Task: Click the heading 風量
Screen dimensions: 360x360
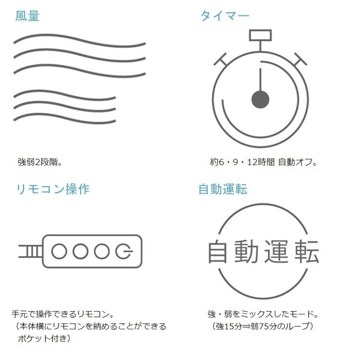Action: pyautogui.click(x=27, y=16)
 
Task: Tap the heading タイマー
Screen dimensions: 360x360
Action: pyautogui.click(x=225, y=16)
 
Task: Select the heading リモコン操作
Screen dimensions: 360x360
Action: pyautogui.click(x=53, y=190)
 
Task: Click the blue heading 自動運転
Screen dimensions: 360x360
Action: pyautogui.click(x=223, y=190)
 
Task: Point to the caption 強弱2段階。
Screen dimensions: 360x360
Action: pyautogui.click(x=40, y=162)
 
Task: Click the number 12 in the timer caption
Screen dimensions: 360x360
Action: pyautogui.click(x=252, y=162)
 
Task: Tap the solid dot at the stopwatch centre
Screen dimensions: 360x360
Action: pyautogui.click(x=260, y=99)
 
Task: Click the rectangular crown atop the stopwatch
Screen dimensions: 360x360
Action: pyautogui.click(x=260, y=36)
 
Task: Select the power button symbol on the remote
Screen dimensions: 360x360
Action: pyautogui.click(x=123, y=251)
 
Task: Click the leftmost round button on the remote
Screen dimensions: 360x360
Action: pyautogui.click(x=59, y=251)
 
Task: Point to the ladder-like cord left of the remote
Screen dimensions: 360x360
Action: pyautogui.click(x=31, y=251)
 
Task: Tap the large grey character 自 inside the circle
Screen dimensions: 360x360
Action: pyautogui.click(x=217, y=251)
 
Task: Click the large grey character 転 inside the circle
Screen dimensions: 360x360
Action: pyautogui.click(x=307, y=251)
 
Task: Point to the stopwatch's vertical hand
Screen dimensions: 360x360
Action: pyautogui.click(x=260, y=80)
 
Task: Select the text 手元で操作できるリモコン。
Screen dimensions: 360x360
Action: pyautogui.click(x=63, y=314)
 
